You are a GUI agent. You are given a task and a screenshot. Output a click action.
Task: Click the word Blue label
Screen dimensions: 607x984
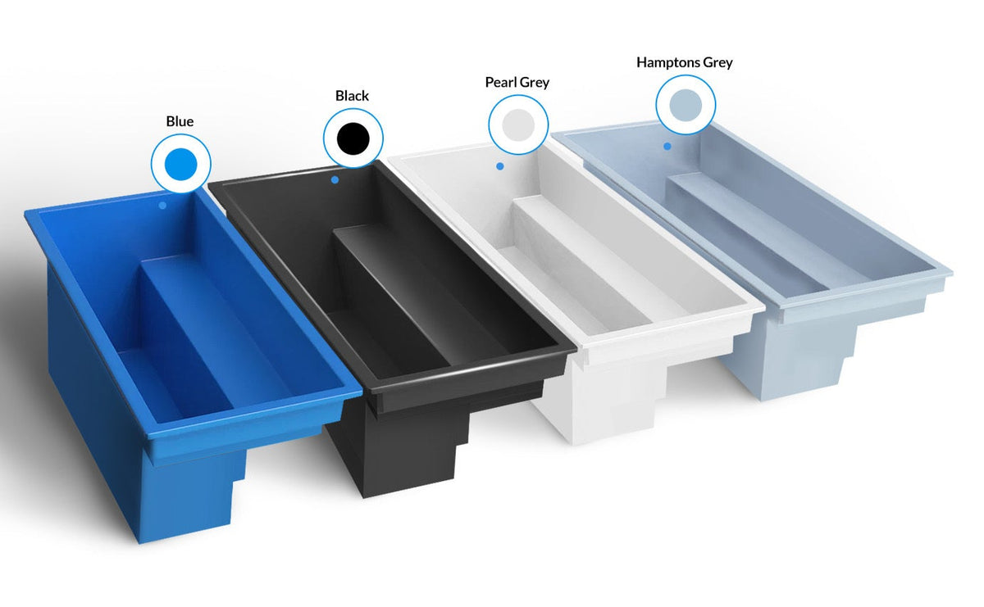pos(180,122)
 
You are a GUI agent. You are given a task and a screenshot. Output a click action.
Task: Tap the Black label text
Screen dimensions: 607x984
pos(352,96)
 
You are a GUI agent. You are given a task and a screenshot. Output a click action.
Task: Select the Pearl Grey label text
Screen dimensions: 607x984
pos(517,83)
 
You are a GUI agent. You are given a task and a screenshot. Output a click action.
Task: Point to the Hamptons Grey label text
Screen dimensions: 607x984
pos(684,62)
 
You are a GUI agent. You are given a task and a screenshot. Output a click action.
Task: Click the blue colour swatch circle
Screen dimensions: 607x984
pos(180,164)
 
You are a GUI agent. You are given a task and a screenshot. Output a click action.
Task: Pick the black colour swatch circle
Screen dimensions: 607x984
pos(353,138)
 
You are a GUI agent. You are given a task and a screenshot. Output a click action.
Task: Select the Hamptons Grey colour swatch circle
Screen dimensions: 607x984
pos(686,105)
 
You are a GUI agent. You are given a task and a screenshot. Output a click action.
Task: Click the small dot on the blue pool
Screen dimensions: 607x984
pos(162,206)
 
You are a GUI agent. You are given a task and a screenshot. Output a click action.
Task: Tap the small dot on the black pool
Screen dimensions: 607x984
pos(335,179)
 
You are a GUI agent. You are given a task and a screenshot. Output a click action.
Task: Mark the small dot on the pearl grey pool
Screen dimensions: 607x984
pos(500,166)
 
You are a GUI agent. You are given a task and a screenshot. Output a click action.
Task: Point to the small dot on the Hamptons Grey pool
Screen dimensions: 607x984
pos(667,147)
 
